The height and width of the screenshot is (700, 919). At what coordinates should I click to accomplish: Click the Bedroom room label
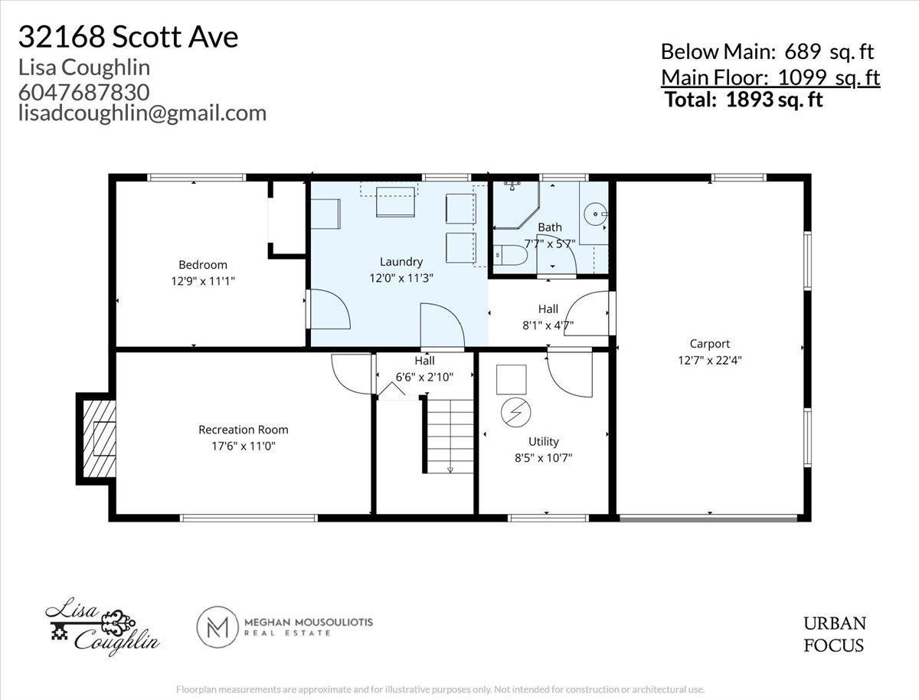[x=203, y=265]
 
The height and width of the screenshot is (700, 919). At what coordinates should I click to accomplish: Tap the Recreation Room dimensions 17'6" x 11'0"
[x=237, y=445]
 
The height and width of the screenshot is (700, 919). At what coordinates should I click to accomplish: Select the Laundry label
[x=401, y=262]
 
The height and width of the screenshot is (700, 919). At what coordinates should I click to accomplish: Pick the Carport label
[x=709, y=344]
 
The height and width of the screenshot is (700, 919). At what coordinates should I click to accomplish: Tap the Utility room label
[x=543, y=441]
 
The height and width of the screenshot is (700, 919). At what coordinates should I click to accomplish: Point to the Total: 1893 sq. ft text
[x=744, y=100]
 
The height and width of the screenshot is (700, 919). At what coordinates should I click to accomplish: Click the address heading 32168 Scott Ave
[x=128, y=37]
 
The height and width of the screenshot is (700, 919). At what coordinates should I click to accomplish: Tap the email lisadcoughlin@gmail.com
[x=142, y=113]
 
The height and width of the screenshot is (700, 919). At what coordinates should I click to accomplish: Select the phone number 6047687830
[x=83, y=91]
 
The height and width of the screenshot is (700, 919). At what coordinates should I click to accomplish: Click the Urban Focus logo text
[x=834, y=634]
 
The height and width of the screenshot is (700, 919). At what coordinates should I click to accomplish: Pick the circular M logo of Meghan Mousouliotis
[x=218, y=628]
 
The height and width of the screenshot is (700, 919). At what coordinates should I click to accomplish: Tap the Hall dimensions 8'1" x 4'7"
[x=548, y=325]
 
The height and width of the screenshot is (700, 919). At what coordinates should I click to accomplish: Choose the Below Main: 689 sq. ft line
[x=767, y=52]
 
